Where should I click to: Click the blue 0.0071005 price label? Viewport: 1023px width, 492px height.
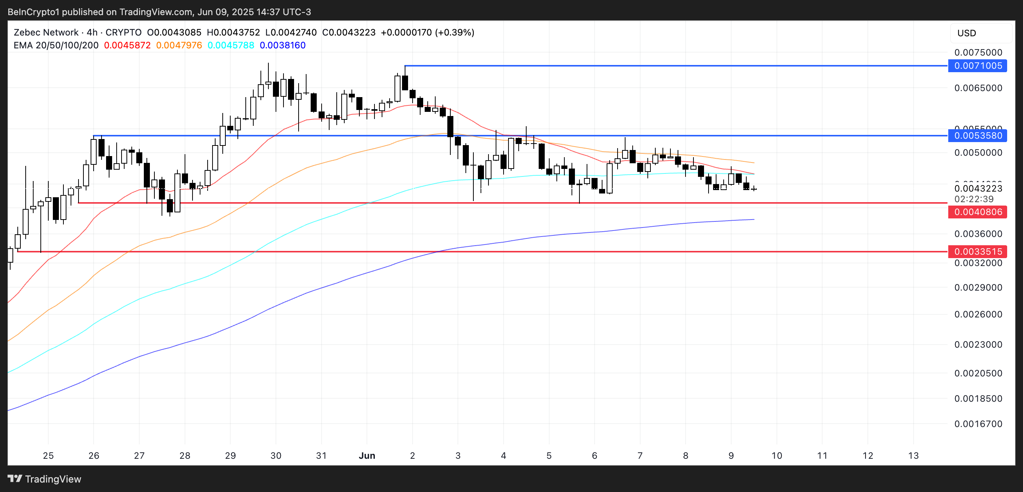tap(977, 66)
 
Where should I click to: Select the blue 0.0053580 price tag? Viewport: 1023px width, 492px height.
tap(977, 136)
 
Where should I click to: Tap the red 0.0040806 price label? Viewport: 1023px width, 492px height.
tap(977, 212)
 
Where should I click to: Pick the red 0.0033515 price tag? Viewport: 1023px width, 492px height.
tap(977, 252)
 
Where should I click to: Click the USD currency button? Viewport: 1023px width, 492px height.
tap(966, 33)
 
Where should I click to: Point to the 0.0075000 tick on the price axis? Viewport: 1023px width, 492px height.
tap(978, 53)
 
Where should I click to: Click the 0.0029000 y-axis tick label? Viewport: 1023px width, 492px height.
tap(978, 287)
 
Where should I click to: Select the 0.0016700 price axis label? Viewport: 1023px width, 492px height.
tap(978, 424)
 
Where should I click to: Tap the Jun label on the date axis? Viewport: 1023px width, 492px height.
tap(367, 455)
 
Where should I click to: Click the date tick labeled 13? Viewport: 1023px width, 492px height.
tap(914, 455)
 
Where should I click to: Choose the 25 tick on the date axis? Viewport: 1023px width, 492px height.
tap(48, 455)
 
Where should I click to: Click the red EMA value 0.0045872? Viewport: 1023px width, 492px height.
tap(127, 45)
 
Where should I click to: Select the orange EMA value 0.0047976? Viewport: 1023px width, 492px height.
tap(179, 45)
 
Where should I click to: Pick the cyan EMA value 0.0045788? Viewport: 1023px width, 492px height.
tap(231, 45)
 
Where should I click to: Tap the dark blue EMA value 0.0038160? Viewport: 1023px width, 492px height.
tap(282, 45)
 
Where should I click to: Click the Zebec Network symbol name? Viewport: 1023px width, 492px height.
tap(46, 32)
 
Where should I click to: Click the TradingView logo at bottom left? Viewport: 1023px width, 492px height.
tap(45, 479)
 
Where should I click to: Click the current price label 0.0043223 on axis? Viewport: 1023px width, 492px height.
tap(978, 189)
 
